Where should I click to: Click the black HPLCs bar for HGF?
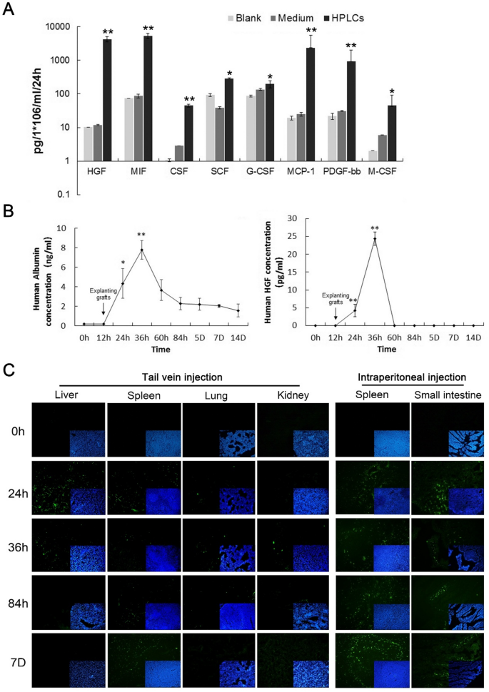107,100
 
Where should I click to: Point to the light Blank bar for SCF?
211,128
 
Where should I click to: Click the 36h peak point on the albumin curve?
142,250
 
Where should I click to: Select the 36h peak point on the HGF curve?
375,239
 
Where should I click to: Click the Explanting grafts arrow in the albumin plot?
104,308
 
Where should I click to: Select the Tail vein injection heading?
182,377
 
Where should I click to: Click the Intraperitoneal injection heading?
412,377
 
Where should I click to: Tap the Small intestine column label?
448,395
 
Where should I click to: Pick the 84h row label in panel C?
18,604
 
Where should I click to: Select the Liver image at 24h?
69,488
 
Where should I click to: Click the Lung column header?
216,395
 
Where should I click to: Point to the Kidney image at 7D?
293,661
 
